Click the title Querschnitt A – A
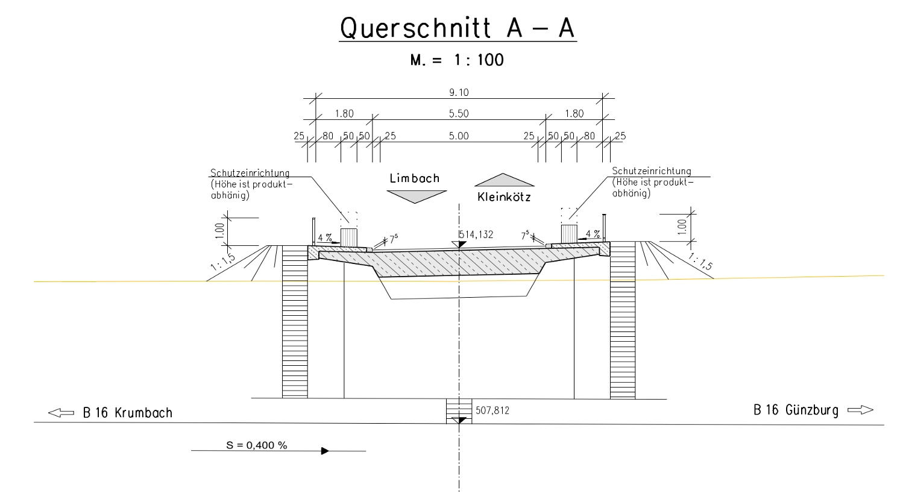click(458, 28)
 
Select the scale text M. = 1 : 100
click(456, 60)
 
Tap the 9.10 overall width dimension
click(459, 93)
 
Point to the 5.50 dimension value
click(459, 113)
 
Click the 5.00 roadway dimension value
click(459, 136)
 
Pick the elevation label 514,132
click(476, 234)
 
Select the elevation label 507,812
click(492, 410)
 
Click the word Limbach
click(415, 178)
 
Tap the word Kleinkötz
click(504, 197)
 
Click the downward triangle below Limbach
click(417, 196)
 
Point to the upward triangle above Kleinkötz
click(504, 180)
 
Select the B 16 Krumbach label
click(128, 413)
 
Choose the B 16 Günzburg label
click(796, 410)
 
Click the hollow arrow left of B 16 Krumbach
click(61, 413)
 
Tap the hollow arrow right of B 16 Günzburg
click(860, 410)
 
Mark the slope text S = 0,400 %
click(257, 445)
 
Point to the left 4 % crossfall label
click(325, 237)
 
